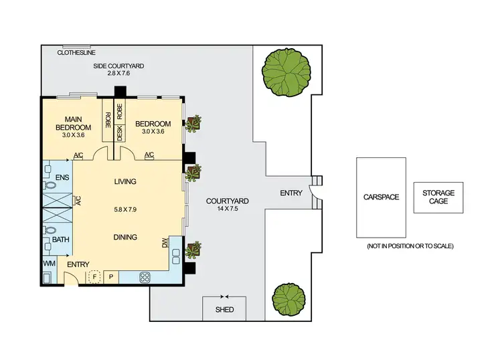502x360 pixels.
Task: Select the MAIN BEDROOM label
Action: coord(73,123)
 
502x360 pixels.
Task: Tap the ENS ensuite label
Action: coord(62,178)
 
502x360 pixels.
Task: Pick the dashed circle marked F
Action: coord(94,276)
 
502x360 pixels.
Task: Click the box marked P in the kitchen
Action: coord(110,276)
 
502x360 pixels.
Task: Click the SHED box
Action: coord(224,309)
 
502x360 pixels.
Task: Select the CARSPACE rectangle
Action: coord(381,197)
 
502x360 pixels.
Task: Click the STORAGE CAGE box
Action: coord(438,197)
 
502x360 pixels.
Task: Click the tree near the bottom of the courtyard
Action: coord(290,301)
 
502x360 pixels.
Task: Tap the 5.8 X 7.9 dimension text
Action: coord(125,209)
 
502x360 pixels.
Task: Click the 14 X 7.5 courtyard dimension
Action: coord(228,209)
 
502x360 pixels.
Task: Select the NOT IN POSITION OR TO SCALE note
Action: coord(410,246)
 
